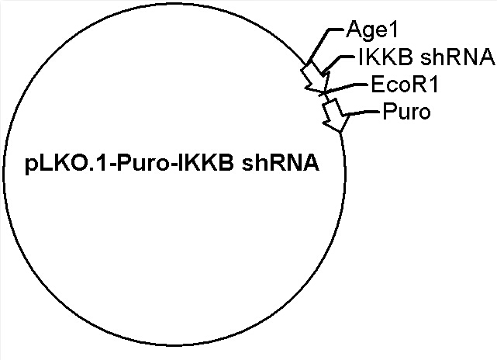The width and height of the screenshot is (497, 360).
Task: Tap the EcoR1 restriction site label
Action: pyautogui.click(x=405, y=85)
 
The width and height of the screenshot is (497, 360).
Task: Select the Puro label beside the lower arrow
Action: pyautogui.click(x=406, y=111)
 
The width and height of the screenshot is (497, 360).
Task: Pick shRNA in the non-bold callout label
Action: pyautogui.click(x=457, y=57)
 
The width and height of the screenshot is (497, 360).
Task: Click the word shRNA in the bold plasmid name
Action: pyautogui.click(x=281, y=163)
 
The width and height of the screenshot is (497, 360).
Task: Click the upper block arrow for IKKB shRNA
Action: pyautogui.click(x=316, y=77)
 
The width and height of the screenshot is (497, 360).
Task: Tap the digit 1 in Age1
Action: pyautogui.click(x=392, y=29)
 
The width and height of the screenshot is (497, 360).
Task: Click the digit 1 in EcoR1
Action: pyautogui.click(x=433, y=85)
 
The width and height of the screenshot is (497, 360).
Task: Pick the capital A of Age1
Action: pyautogui.click(x=354, y=29)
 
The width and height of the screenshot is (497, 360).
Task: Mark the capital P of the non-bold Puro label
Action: pyautogui.click(x=389, y=111)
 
